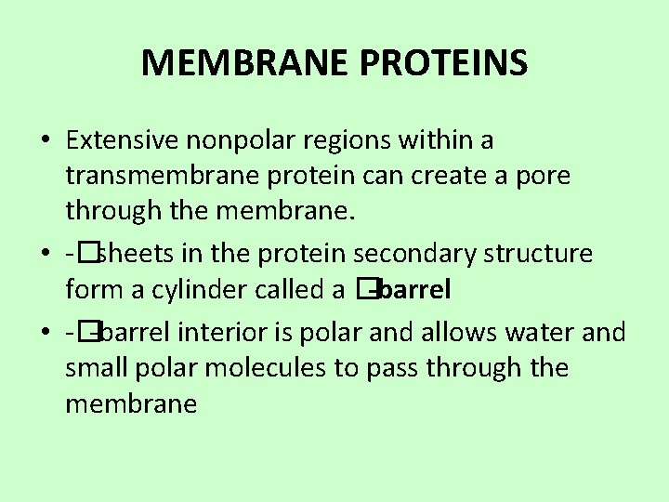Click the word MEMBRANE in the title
pyautogui.click(x=243, y=63)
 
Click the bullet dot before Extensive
pyautogui.click(x=46, y=141)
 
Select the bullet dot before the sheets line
pyautogui.click(x=46, y=255)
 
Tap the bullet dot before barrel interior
pyautogui.click(x=46, y=333)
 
